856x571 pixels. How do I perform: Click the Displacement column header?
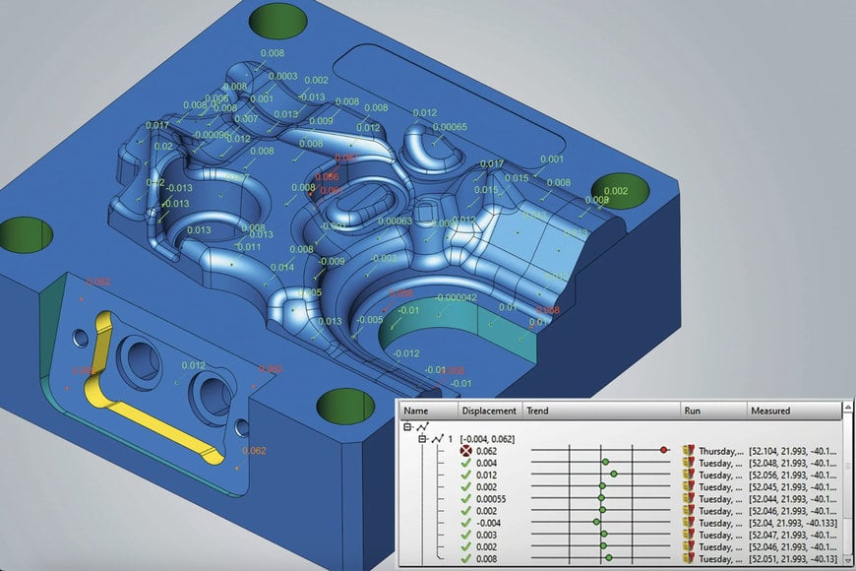[x=489, y=411]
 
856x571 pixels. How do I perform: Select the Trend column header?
[x=538, y=411]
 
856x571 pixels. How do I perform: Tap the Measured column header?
[x=769, y=411]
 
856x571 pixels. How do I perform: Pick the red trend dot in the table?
[x=665, y=450]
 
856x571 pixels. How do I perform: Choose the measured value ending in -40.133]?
[x=795, y=523]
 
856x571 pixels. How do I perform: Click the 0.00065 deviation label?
[x=450, y=127]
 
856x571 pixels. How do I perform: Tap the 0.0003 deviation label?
[x=282, y=76]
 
